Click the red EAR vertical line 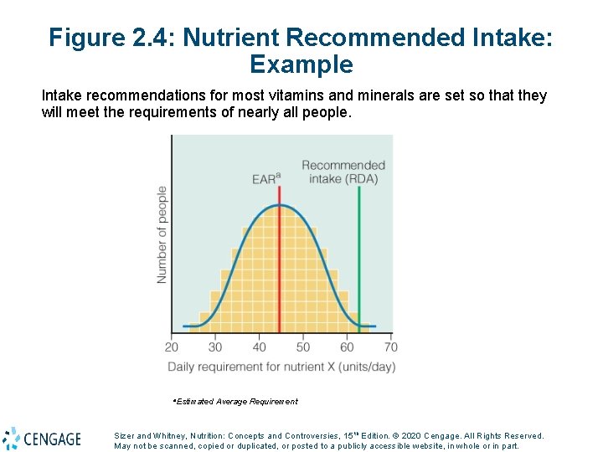279,251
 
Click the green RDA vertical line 358,251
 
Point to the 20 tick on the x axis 172,347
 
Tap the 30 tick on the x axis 215,347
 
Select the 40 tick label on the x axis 260,347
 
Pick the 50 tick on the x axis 303,347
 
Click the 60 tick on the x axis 347,347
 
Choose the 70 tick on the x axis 390,347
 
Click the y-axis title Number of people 162,234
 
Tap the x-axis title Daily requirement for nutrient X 281,367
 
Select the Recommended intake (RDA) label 343,172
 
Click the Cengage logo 42,439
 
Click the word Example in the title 301,64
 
